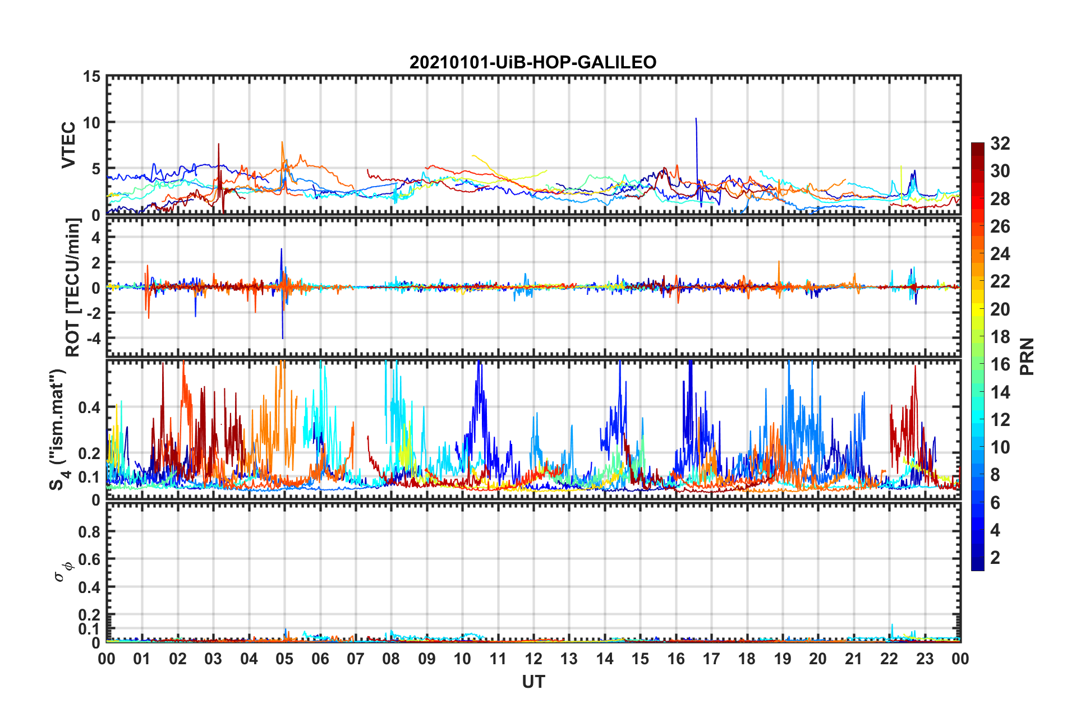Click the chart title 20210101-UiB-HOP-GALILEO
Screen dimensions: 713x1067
[x=533, y=62]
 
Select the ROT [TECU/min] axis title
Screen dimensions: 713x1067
[x=73, y=288]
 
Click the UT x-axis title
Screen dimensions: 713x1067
[x=533, y=682]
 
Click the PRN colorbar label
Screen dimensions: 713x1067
[x=1027, y=356]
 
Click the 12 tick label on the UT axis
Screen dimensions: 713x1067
[x=533, y=659]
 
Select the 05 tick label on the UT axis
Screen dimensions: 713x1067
[x=284, y=659]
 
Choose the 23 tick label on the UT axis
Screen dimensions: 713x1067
[x=925, y=659]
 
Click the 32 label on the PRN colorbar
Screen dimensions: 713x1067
[x=1000, y=144]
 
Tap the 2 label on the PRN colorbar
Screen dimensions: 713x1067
[x=995, y=558]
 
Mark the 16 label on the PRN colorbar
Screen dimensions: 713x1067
[x=1000, y=364]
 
